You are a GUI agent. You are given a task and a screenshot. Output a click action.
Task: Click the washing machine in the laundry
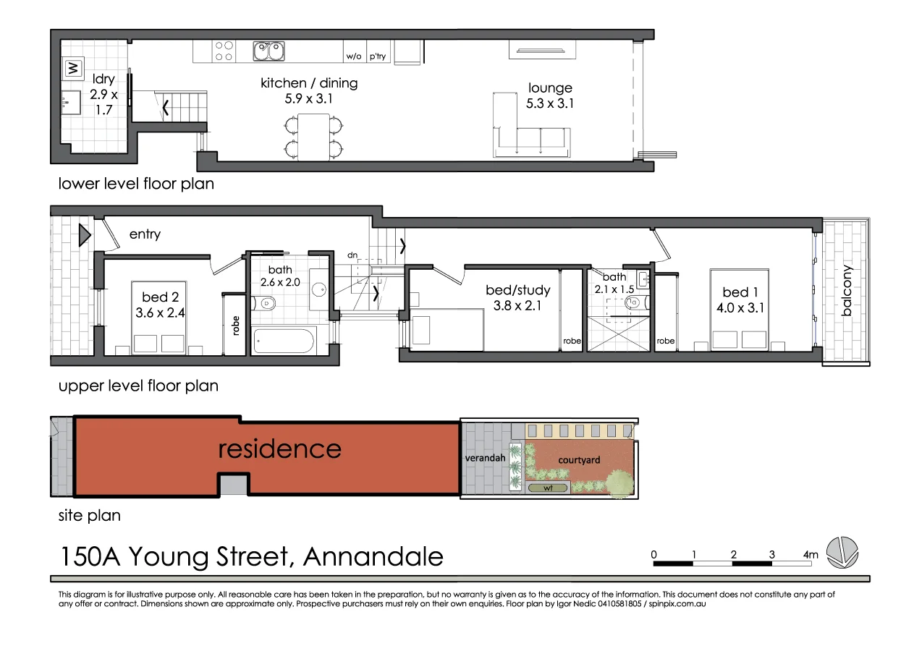(x=72, y=69)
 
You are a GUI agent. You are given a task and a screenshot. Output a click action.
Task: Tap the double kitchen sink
(x=267, y=51)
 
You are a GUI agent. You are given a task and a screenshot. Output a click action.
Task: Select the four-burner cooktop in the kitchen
(x=224, y=51)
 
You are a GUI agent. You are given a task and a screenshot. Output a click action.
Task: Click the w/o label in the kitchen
(x=354, y=56)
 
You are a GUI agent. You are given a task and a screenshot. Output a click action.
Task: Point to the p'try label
(x=378, y=56)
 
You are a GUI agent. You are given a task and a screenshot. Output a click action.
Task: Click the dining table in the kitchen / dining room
(x=313, y=137)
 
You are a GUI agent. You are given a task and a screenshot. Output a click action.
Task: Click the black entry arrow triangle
(x=84, y=234)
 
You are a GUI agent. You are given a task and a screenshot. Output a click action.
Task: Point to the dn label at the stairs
(x=352, y=255)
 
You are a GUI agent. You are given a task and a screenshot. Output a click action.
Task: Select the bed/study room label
(x=517, y=290)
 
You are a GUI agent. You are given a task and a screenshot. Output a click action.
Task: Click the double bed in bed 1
(x=739, y=311)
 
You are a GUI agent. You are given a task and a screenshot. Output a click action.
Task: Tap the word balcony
(x=847, y=291)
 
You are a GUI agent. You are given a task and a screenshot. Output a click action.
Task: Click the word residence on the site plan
(x=279, y=449)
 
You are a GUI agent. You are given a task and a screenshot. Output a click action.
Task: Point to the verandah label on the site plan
(x=485, y=458)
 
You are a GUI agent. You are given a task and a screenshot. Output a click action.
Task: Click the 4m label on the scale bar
(x=810, y=555)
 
